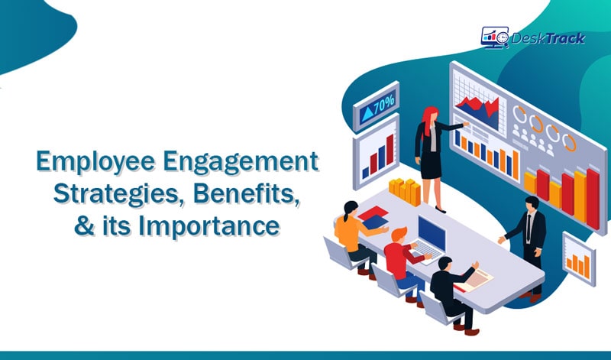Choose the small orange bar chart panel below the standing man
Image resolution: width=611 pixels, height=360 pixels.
(x=578, y=260)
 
